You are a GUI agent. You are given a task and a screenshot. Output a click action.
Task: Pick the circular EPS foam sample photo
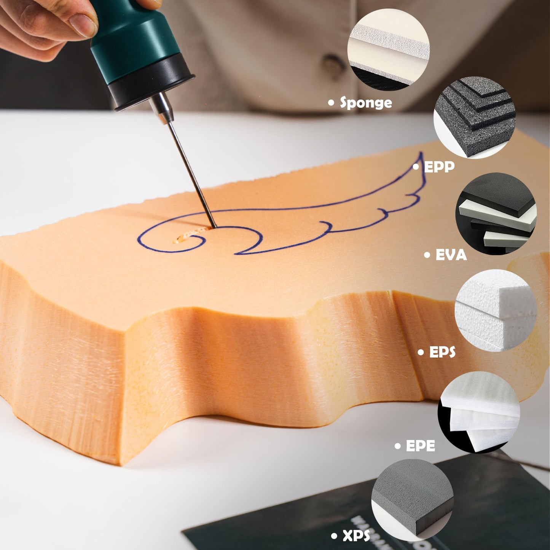[496, 310]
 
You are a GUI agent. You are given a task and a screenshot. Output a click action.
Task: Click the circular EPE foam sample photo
[479, 412]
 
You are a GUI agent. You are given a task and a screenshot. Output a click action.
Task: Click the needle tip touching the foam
[214, 227]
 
